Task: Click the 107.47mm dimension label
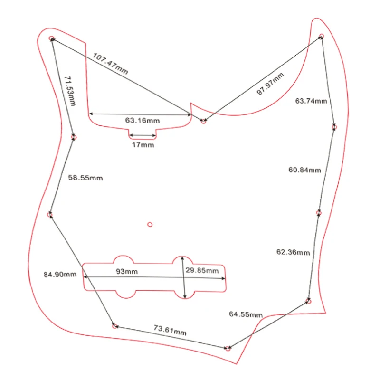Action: tap(110, 64)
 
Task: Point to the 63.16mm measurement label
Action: tap(142, 121)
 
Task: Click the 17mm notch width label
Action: tap(143, 145)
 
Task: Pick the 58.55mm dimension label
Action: tap(85, 178)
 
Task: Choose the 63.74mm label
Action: tap(311, 101)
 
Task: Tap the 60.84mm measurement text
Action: tap(305, 170)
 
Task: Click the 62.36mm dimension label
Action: tap(293, 252)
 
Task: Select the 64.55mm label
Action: tap(246, 314)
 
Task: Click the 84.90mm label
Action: tap(60, 274)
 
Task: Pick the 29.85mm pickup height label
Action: tap(202, 271)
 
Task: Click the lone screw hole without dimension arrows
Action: tap(150, 224)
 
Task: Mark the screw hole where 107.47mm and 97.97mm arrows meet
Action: tap(203, 122)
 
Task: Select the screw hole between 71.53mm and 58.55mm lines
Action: tap(73, 137)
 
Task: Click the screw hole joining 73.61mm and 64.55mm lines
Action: tap(228, 349)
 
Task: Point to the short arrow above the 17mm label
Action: tap(142, 135)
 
